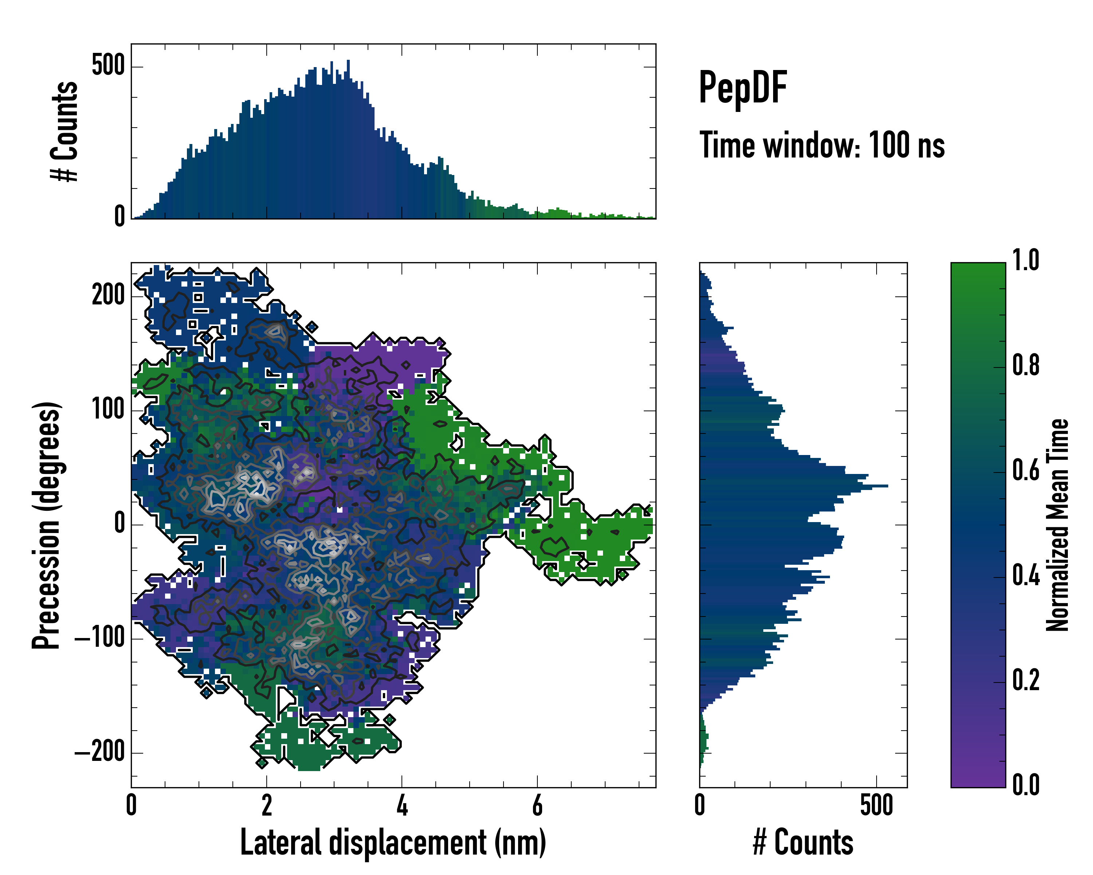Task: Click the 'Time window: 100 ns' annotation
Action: (822, 145)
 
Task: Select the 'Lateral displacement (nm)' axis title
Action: (393, 843)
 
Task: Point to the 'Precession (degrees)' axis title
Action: (47, 525)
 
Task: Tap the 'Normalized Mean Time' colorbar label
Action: (1058, 525)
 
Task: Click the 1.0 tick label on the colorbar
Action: (1026, 260)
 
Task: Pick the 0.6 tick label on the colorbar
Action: (1026, 470)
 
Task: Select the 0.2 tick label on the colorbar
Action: (1026, 680)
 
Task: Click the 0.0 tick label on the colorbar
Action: (1026, 785)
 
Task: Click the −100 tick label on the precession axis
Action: (99, 638)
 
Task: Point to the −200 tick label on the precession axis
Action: (99, 752)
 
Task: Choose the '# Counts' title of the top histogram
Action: (65, 131)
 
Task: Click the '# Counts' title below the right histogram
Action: (803, 843)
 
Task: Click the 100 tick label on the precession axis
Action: (108, 409)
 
